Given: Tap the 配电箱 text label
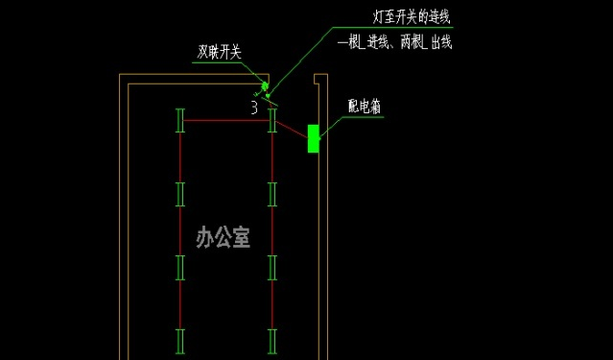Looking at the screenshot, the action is tap(364, 108).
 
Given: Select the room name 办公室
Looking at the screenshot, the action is tap(223, 237).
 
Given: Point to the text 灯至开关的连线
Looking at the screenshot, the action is tap(411, 16).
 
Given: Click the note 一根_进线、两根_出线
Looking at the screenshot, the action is tap(394, 41).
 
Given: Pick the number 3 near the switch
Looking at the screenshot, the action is tap(254, 108).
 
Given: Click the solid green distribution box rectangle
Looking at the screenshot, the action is tap(313, 138).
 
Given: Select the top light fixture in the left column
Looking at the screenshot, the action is tap(179, 121).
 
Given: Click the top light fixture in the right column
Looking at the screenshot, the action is tap(272, 121).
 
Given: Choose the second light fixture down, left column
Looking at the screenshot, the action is tap(179, 193).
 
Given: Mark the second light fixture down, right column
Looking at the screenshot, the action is tap(272, 193).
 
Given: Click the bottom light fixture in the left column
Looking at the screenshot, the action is tap(179, 340).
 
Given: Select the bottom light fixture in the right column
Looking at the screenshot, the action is tap(272, 340).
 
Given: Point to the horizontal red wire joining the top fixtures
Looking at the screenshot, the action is tap(225, 121).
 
